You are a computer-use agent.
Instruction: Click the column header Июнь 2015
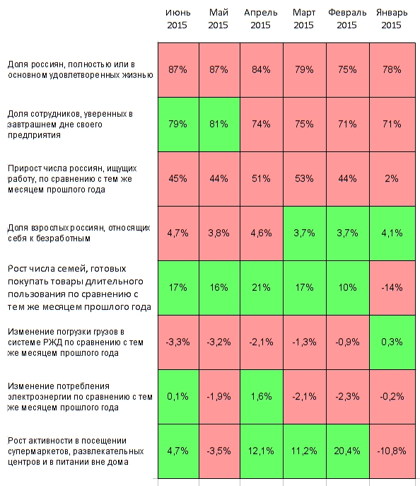pyautogui.click(x=177, y=18)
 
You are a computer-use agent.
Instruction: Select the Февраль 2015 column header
pyautogui.click(x=347, y=18)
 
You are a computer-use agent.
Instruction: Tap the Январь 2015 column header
pyautogui.click(x=392, y=18)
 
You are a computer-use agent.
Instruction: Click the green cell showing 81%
pyautogui.click(x=219, y=125)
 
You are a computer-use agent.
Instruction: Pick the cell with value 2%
pyautogui.click(x=392, y=179)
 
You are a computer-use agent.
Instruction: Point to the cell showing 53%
pyautogui.click(x=305, y=179)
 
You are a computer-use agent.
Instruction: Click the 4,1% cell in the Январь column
pyautogui.click(x=392, y=233)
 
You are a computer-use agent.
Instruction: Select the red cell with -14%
pyautogui.click(x=392, y=288)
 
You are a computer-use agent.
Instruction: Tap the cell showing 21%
pyautogui.click(x=262, y=288)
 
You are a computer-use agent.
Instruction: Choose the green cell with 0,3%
pyautogui.click(x=392, y=342)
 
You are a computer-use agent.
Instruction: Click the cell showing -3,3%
pyautogui.click(x=178, y=342)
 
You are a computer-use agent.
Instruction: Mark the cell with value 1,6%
pyautogui.click(x=262, y=397)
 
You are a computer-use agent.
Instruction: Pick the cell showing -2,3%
pyautogui.click(x=347, y=397)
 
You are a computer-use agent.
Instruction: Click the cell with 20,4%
pyautogui.click(x=347, y=451)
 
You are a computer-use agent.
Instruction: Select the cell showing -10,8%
pyautogui.click(x=392, y=451)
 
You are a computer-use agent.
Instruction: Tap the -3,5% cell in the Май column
pyautogui.click(x=219, y=451)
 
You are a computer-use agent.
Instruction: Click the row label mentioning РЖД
pyautogui.click(x=75, y=342)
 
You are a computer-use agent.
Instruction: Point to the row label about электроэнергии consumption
pyautogui.click(x=80, y=397)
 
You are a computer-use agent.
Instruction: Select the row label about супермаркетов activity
pyautogui.click(x=76, y=451)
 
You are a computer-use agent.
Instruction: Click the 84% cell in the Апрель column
pyautogui.click(x=262, y=70)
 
